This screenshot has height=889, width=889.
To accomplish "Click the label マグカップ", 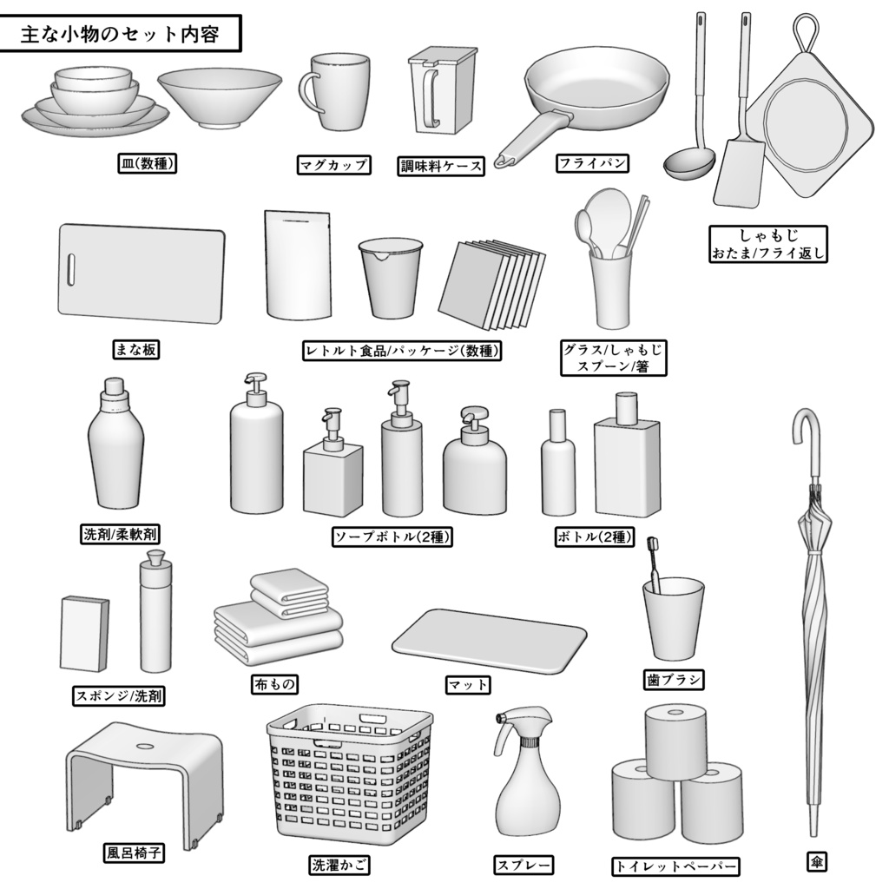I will pos(333,165).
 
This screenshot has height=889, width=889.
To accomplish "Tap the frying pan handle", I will pos(530,138).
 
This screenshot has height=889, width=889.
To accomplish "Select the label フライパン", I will pos(591,162).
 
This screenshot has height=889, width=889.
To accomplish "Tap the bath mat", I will pos(489,641).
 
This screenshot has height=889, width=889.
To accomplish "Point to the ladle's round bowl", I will pos(688,163).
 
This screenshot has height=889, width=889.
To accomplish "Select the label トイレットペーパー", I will pos(675,866).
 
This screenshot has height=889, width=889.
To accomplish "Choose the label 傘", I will pos(816,862).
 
